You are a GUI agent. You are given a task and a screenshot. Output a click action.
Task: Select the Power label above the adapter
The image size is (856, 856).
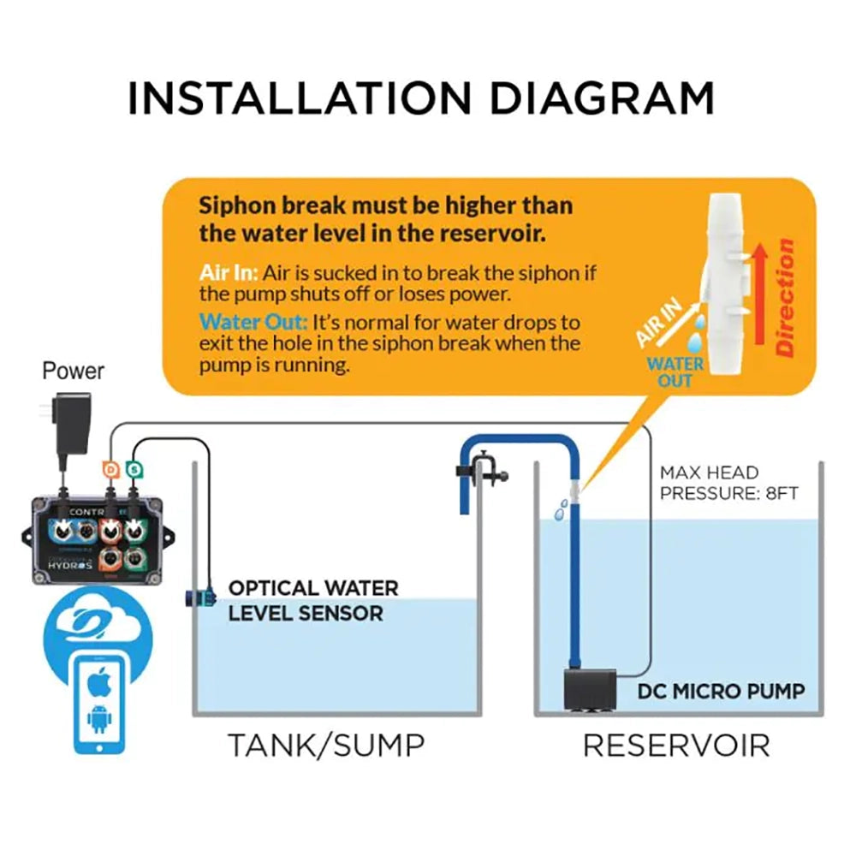74,372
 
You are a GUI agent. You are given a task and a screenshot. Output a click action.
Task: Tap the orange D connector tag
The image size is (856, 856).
110,468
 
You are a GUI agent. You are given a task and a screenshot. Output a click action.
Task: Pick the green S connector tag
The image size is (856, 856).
134,468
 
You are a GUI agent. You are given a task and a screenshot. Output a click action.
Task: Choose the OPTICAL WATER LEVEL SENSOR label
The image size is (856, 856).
312,601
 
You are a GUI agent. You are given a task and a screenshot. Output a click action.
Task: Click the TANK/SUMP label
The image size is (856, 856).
326,745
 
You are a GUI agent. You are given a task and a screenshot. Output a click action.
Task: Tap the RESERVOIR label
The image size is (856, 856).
676,745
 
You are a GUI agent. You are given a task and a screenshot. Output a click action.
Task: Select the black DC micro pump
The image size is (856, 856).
591,689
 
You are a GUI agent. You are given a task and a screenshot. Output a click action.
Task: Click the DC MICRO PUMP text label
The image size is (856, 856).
721,691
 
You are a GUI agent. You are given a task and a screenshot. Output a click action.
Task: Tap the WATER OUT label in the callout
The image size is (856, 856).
675,372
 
